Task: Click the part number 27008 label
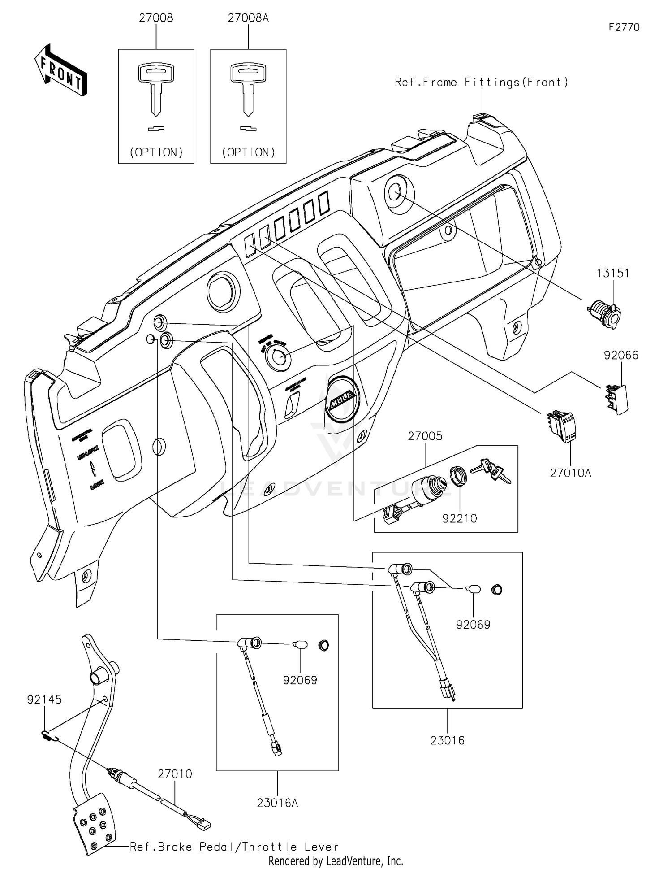coord(156,18)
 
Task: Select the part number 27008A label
coord(248,18)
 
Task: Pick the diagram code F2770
coord(624,27)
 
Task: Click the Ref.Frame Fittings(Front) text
coord(481,82)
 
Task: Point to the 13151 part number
coord(612,273)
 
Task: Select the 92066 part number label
coord(621,355)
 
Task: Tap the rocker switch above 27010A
coord(562,426)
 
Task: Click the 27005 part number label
coord(425,436)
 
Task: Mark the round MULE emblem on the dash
coord(343,399)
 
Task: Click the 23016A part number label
coord(277,803)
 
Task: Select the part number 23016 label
coord(447,740)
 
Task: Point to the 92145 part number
coord(44,699)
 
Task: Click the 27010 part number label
coord(175,773)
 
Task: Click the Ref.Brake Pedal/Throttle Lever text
coord(234,847)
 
